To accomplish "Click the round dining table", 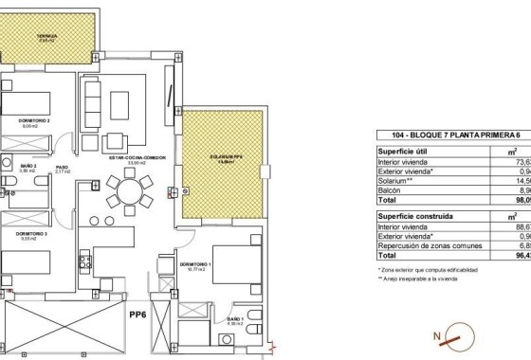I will click(x=126, y=195).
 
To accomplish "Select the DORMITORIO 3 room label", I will click(x=32, y=233).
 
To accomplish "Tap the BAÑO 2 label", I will click(x=28, y=167).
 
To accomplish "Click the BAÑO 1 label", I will click(x=235, y=321).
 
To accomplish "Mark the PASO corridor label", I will click(x=62, y=169).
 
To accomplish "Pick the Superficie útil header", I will click(x=406, y=151).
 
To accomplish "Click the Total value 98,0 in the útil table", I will click(x=522, y=201).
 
